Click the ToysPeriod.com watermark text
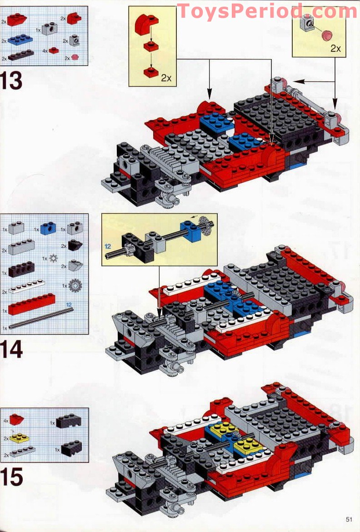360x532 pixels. [267, 11]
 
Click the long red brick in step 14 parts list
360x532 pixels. [32, 304]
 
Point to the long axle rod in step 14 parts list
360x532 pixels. [41, 318]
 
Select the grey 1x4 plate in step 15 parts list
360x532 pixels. [22, 452]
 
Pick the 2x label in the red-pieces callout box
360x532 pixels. [166, 77]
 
